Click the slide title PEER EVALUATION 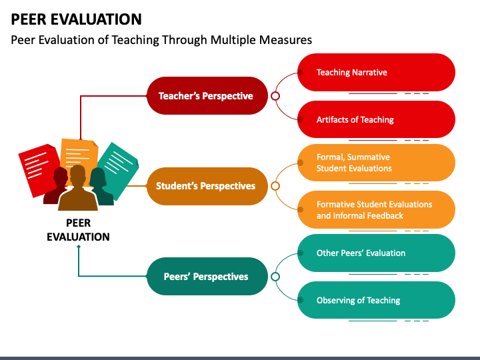76,19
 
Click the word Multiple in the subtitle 233,40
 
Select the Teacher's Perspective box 207,96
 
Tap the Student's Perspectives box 207,186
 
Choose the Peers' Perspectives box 207,277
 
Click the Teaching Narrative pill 376,72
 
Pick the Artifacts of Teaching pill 376,119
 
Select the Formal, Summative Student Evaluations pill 376,163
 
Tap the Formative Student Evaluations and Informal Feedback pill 376,210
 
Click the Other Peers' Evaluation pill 376,253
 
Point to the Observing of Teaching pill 376,300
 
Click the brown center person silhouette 78,190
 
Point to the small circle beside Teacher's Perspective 275,96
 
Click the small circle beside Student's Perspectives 275,186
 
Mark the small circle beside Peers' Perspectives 275,277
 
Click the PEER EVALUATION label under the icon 78,230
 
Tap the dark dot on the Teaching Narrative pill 301,72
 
